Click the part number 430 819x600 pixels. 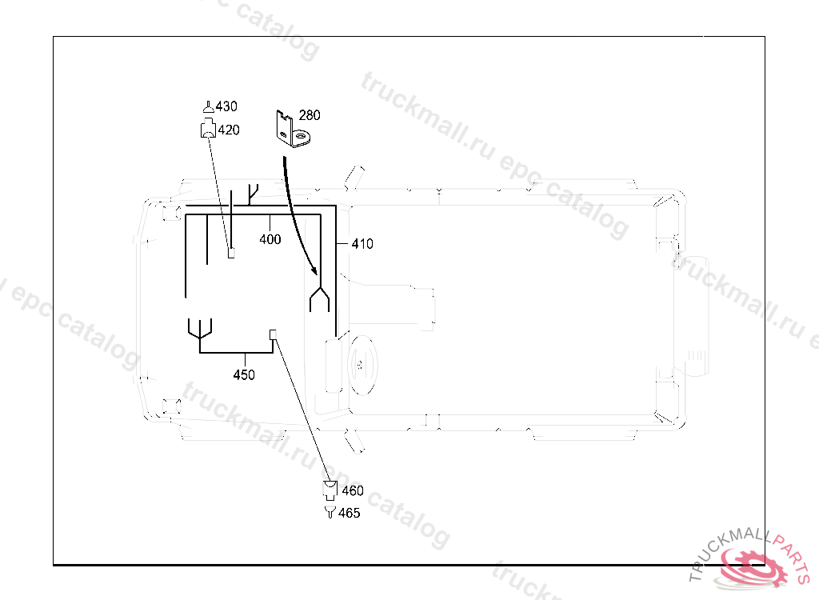(x=226, y=106)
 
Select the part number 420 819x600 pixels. (x=229, y=130)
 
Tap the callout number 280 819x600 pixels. (x=310, y=115)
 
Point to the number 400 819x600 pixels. (x=270, y=239)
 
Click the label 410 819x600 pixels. (x=362, y=244)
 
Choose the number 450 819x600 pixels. (x=244, y=374)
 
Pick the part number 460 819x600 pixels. (x=353, y=490)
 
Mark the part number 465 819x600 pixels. (x=349, y=514)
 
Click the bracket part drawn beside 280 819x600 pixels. (x=293, y=129)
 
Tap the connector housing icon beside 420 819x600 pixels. (x=208, y=128)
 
